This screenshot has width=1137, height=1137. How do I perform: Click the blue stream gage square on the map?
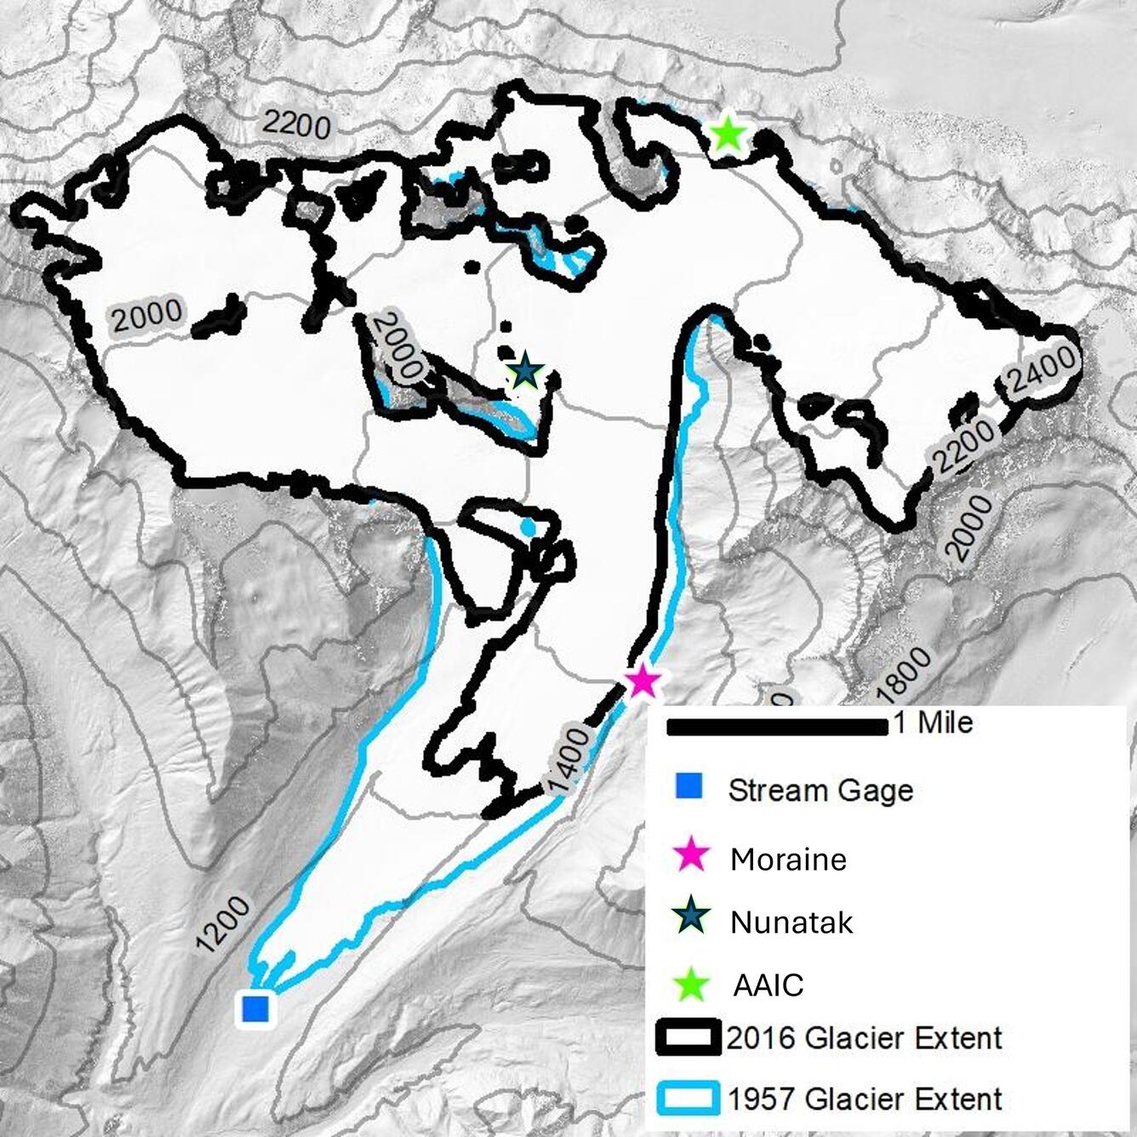point(254,1008)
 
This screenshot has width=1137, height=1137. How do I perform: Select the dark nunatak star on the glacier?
point(525,371)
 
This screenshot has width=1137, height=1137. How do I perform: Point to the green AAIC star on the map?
point(728,134)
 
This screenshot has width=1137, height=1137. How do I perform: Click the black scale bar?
point(778,726)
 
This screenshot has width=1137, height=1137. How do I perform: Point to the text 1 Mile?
point(933,723)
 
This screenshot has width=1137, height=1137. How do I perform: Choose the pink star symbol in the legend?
point(691,854)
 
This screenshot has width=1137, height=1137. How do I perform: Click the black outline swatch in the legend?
point(688,1037)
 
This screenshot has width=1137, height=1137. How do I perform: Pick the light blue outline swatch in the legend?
point(688,1098)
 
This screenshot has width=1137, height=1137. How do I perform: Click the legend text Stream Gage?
point(820,791)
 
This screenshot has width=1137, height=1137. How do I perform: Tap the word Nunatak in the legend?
point(791,923)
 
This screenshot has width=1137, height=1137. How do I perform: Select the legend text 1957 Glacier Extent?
point(865,1099)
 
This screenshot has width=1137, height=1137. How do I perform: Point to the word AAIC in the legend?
point(768,986)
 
